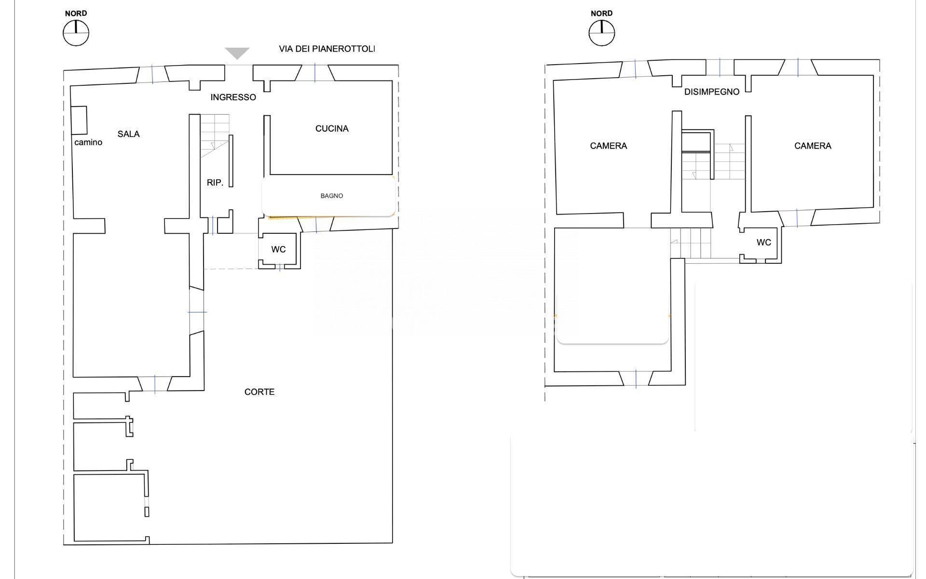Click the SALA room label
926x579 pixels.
[x=128, y=134]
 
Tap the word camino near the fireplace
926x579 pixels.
[x=88, y=142]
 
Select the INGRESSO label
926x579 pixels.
[x=233, y=97]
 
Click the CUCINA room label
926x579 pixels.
[x=332, y=129]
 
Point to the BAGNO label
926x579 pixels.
[x=332, y=196]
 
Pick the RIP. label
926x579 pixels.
[x=215, y=183]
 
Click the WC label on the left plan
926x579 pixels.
[x=278, y=249]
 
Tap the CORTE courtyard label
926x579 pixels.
[x=259, y=392]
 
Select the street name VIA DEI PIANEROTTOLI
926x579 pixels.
[x=327, y=49]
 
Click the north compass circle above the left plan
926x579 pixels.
[x=76, y=33]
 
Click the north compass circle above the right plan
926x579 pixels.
[x=602, y=33]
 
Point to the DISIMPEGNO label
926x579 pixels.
[x=712, y=92]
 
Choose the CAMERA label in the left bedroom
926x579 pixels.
[x=609, y=146]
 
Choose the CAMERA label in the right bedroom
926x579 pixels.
[x=813, y=146]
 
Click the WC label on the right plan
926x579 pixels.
[x=764, y=242]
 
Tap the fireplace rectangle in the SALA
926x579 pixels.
[x=79, y=120]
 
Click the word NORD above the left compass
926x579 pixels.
[x=76, y=13]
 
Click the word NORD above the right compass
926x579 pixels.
[x=602, y=13]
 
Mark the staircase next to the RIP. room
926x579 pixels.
[x=215, y=136]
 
